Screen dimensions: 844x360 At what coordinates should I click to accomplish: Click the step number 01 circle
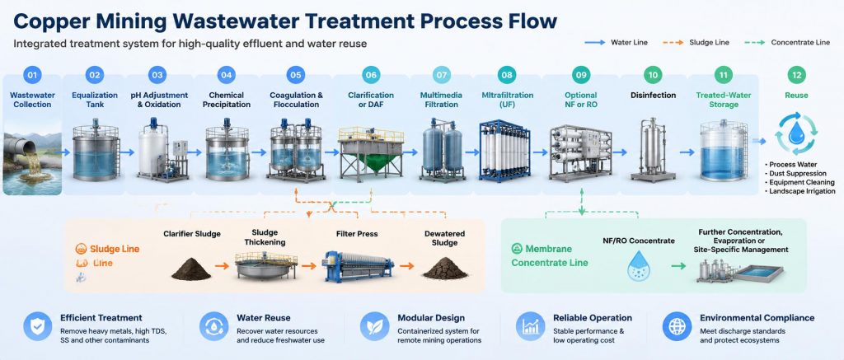point(32,75)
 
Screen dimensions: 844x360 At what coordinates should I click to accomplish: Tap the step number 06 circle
point(372,75)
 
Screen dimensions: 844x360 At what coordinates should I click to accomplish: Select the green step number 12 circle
point(797,75)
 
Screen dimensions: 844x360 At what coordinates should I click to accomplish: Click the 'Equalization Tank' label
point(95,100)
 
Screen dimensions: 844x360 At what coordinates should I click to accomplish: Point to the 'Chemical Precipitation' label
point(227,100)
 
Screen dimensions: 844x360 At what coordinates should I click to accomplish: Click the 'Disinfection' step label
point(653,96)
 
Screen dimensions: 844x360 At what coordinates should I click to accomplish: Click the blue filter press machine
point(358,266)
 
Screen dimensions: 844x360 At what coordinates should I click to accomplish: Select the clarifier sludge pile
point(191,269)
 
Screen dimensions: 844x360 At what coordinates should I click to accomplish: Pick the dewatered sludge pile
point(444,268)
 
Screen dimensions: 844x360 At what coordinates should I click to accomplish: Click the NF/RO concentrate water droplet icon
point(639,265)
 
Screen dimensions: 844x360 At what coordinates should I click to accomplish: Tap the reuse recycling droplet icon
point(797,133)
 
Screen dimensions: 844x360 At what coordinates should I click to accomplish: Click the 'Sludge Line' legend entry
point(701,42)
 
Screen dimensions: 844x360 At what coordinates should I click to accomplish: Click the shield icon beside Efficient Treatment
point(38,326)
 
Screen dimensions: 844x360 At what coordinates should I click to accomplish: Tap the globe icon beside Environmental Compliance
point(677,326)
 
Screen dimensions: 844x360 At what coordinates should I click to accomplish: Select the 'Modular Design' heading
point(430,318)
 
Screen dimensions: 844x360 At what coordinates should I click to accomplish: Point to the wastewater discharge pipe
point(21,148)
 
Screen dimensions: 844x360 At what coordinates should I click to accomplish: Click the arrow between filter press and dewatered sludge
point(407,266)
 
